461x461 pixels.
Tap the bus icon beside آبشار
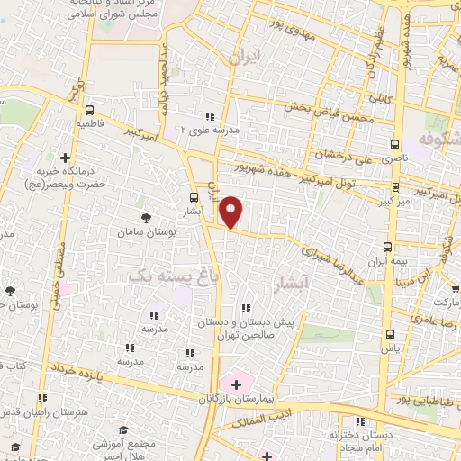(x=194, y=198)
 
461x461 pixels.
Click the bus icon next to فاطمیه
(x=87, y=107)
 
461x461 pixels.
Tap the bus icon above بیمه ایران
(x=388, y=247)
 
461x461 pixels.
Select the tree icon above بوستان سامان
(x=147, y=218)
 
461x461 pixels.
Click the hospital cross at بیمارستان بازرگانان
(x=236, y=384)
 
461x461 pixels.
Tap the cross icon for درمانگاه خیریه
(x=64, y=158)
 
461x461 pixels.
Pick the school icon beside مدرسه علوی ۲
(x=210, y=116)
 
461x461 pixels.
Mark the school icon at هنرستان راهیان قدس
(x=41, y=399)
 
